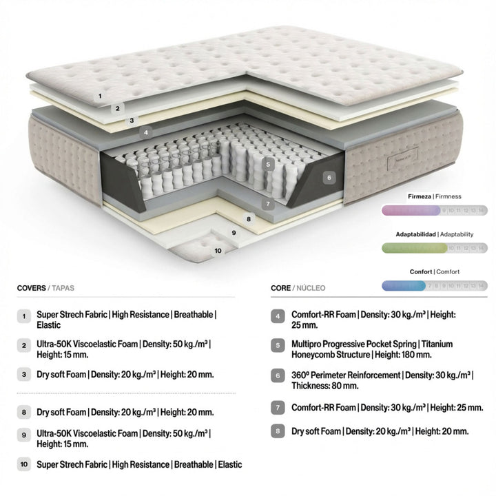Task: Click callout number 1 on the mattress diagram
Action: coord(100,96)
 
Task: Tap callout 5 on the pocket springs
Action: coord(269,164)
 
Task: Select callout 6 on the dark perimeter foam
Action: coord(329,177)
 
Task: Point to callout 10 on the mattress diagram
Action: coord(218,251)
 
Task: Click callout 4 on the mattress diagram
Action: coord(145,132)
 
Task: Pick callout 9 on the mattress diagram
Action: coord(234,233)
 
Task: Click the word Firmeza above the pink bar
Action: coord(419,197)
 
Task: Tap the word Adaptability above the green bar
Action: coord(456,234)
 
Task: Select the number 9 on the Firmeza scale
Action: coord(444,210)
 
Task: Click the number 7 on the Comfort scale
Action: coord(428,285)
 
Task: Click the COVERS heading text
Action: coord(32,288)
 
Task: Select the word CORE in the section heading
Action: coord(280,288)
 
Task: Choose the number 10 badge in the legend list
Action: coord(24,465)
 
